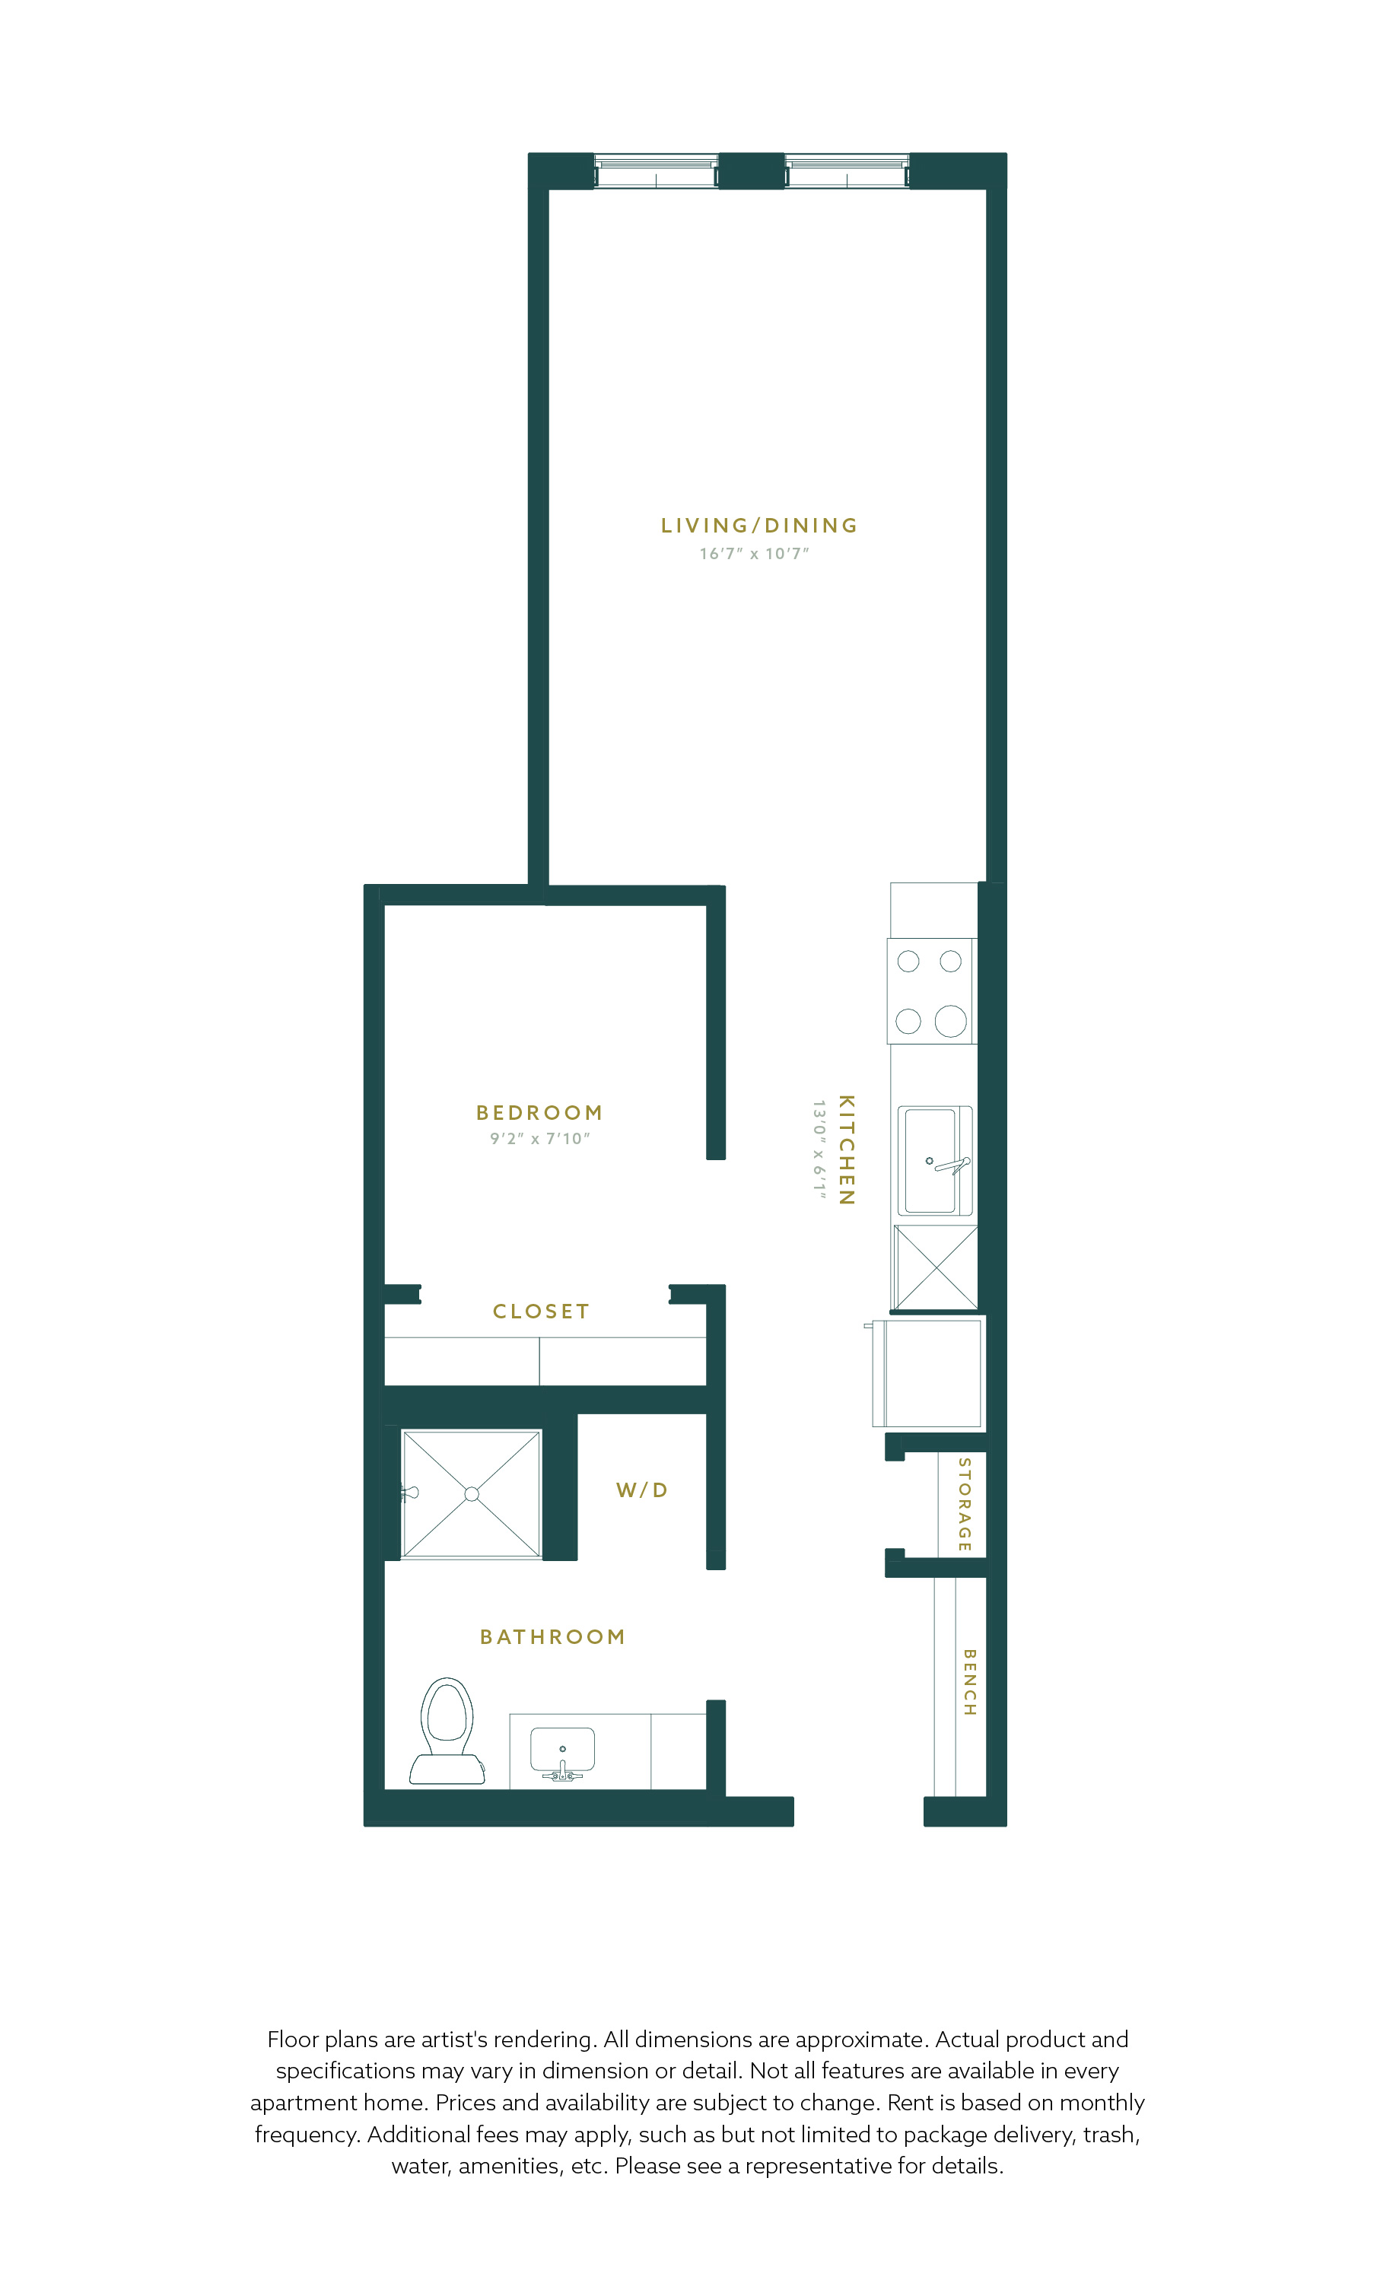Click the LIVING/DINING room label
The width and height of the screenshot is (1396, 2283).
(758, 526)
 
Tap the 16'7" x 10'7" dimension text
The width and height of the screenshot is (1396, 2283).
(754, 553)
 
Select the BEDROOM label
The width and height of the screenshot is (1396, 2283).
(539, 1112)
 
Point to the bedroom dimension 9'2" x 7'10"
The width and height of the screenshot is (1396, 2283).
(540, 1138)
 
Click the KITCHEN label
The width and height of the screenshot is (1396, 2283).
(846, 1149)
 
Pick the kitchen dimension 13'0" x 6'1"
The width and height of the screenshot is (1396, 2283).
(819, 1149)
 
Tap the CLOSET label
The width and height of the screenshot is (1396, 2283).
(541, 1311)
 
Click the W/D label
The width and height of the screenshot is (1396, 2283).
(642, 1490)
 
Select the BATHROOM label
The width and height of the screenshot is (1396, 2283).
(552, 1637)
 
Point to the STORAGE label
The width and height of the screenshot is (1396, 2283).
(965, 1505)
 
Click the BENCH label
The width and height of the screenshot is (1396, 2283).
(969, 1682)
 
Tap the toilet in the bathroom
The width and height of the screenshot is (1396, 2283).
(447, 1731)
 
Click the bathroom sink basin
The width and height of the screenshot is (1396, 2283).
(562, 1749)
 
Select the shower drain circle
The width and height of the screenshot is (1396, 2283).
(472, 1493)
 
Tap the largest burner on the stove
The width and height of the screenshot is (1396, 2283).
(950, 1021)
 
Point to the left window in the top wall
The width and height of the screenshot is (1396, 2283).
(656, 171)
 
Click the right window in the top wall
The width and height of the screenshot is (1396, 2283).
(847, 171)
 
